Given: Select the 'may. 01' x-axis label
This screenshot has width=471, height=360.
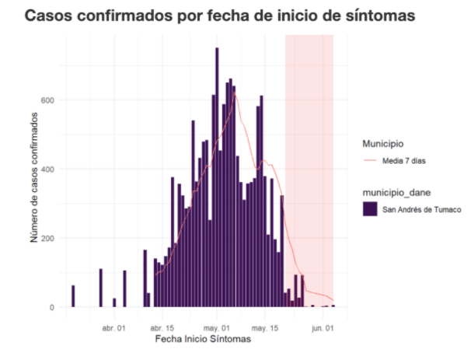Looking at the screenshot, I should coord(217,328).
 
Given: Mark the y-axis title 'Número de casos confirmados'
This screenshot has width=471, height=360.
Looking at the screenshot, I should coord(36,177).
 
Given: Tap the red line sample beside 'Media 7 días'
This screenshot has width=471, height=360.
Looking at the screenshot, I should coord(369,161).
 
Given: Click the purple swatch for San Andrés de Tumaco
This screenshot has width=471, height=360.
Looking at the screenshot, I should coord(369,208).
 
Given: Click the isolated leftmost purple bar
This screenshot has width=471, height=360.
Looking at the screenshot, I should coord(73,296).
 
